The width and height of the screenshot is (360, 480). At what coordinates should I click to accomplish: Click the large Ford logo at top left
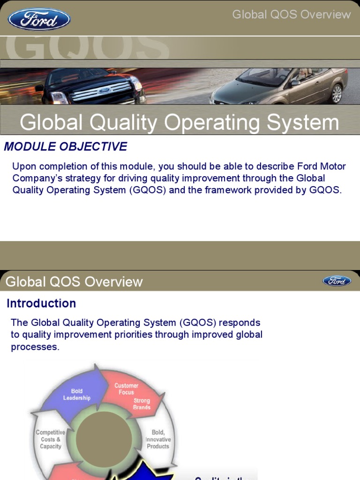click(39, 19)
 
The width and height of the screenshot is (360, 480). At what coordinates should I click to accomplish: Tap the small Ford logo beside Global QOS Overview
click(337, 281)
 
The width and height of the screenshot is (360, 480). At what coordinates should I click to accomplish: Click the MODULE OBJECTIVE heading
click(66, 147)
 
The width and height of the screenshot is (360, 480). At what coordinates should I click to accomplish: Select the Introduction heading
click(41, 303)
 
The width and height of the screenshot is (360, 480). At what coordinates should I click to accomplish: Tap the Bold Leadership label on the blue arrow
click(77, 395)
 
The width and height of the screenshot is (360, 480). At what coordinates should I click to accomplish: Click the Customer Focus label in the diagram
click(126, 389)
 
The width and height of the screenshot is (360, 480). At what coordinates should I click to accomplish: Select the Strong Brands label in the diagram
click(142, 404)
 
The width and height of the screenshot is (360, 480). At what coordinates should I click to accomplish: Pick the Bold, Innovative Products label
click(158, 439)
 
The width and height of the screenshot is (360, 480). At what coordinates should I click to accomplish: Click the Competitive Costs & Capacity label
click(51, 439)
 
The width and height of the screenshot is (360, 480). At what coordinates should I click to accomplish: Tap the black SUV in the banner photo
click(91, 87)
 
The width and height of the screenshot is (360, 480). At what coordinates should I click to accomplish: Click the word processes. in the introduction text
click(35, 347)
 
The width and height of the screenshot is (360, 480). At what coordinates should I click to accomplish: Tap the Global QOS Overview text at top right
click(291, 15)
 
